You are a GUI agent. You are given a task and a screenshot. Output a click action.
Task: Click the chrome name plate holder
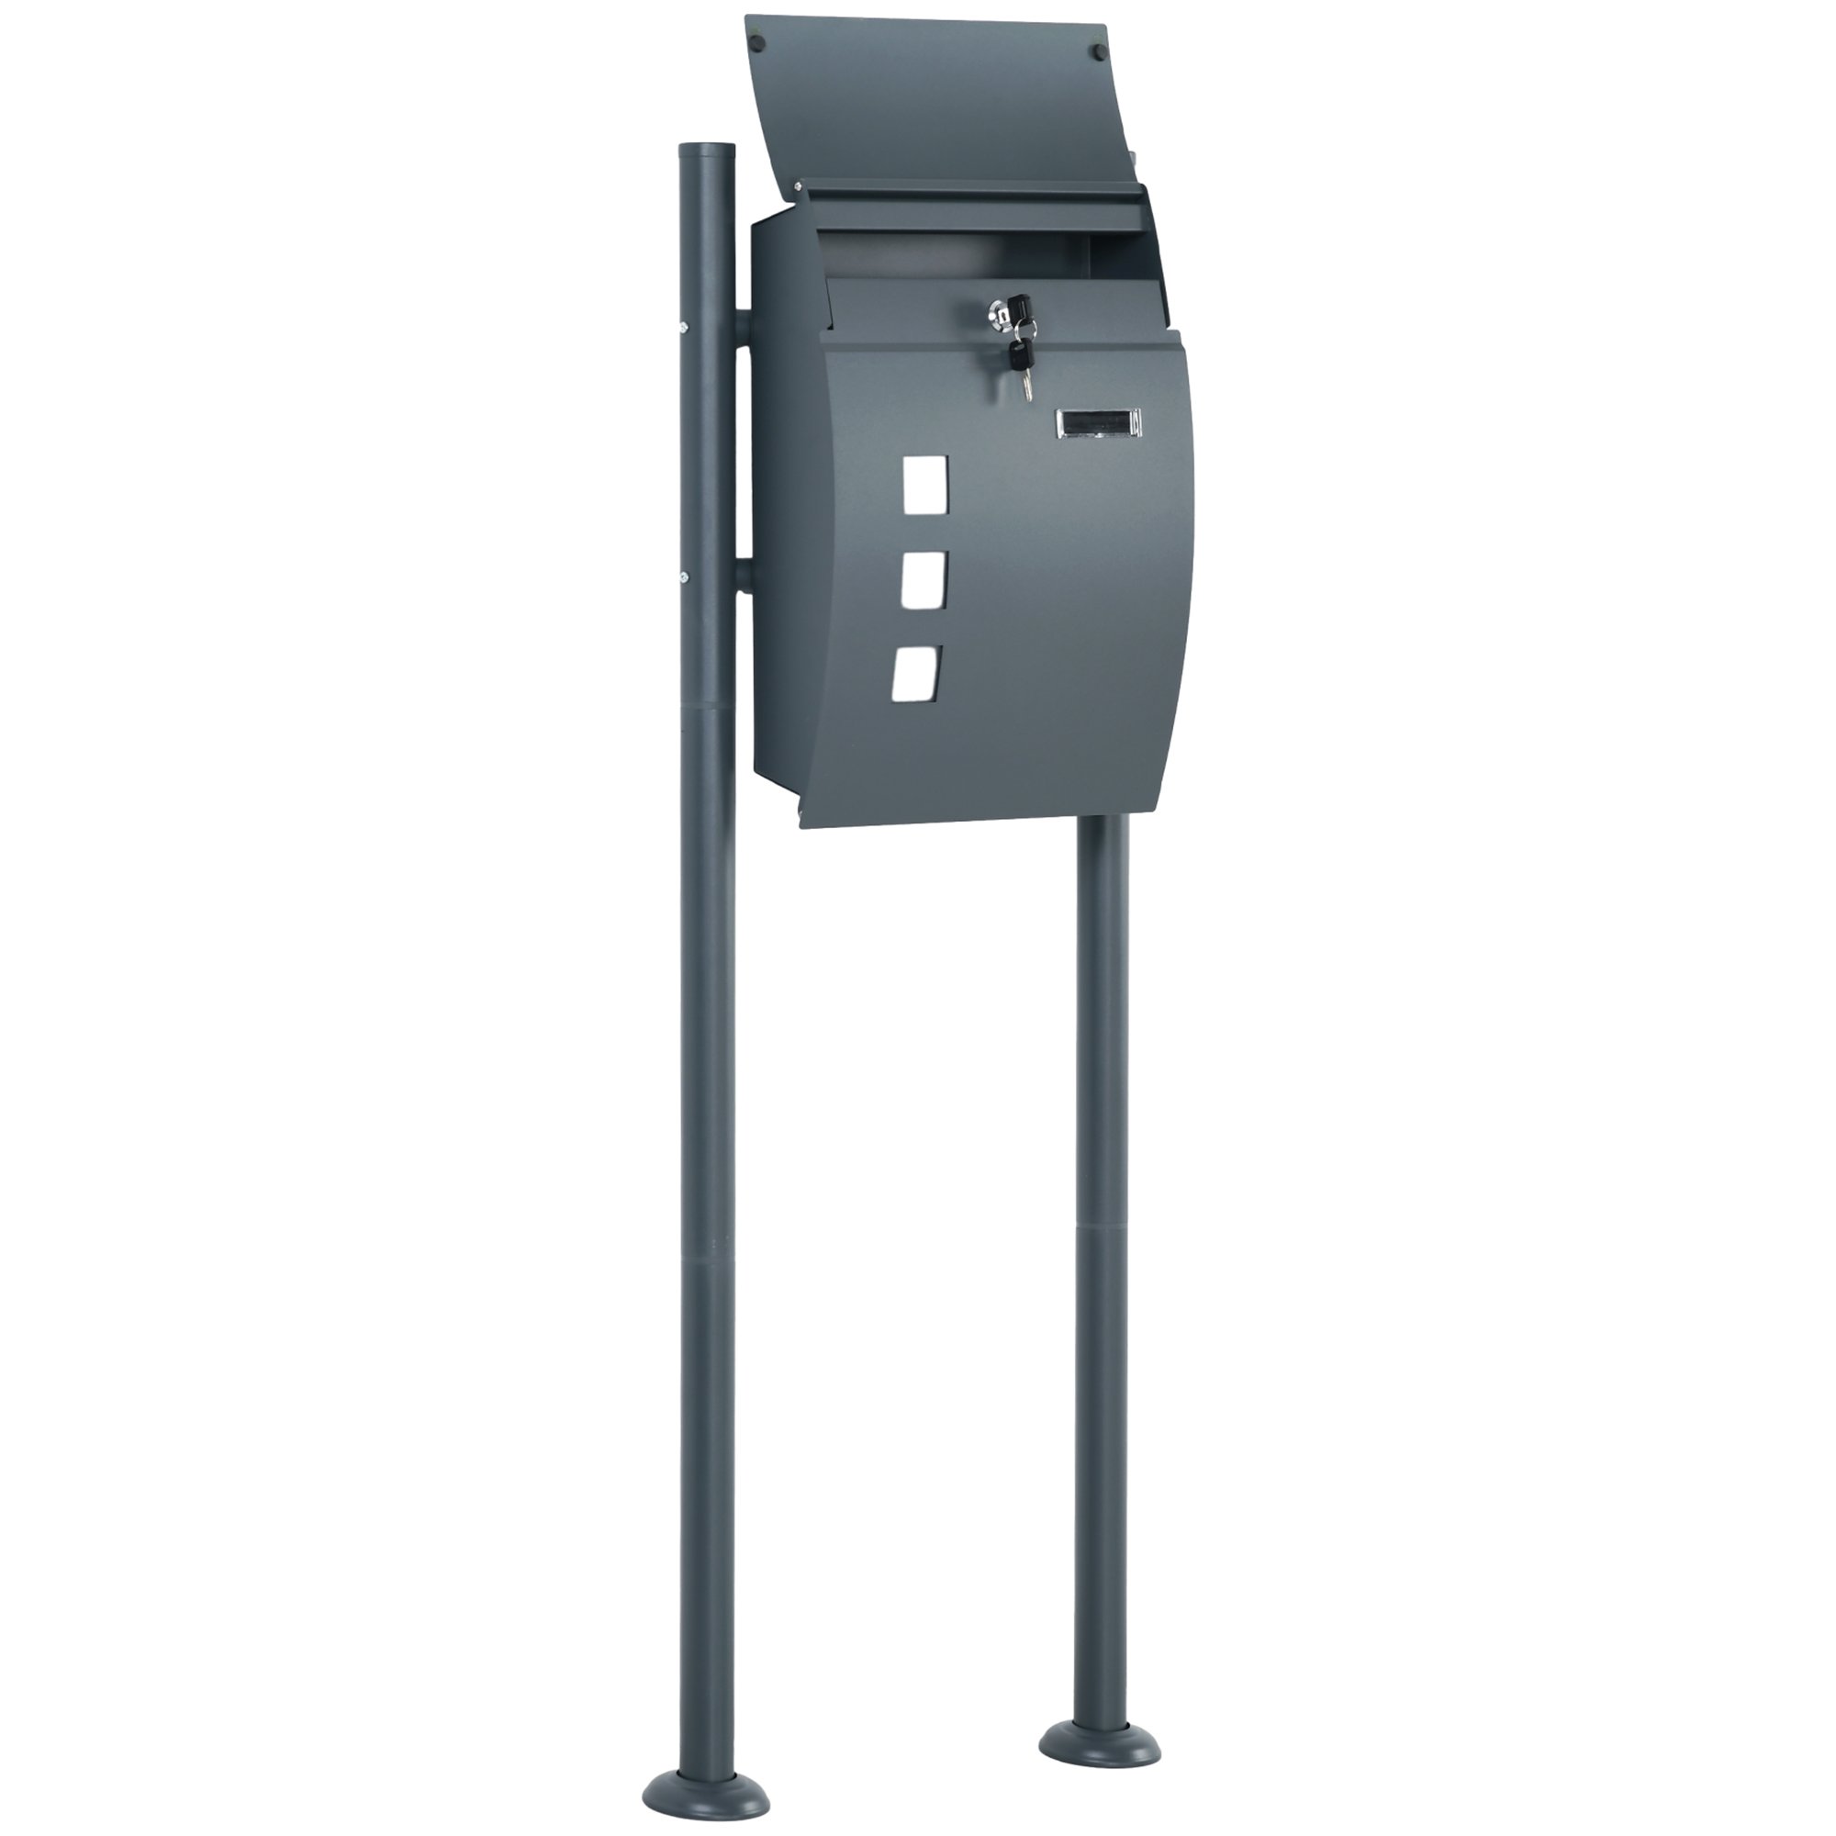(x=1099, y=424)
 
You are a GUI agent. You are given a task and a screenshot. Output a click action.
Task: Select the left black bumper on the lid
(x=757, y=42)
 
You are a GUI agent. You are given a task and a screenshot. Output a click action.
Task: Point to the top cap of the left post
(x=706, y=150)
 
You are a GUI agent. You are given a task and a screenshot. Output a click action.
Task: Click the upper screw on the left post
(x=681, y=328)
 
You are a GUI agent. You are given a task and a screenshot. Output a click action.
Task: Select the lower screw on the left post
(x=681, y=575)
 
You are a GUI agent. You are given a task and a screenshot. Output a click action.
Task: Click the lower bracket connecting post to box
(x=742, y=577)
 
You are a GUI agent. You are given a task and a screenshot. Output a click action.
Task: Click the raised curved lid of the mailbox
(x=931, y=105)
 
